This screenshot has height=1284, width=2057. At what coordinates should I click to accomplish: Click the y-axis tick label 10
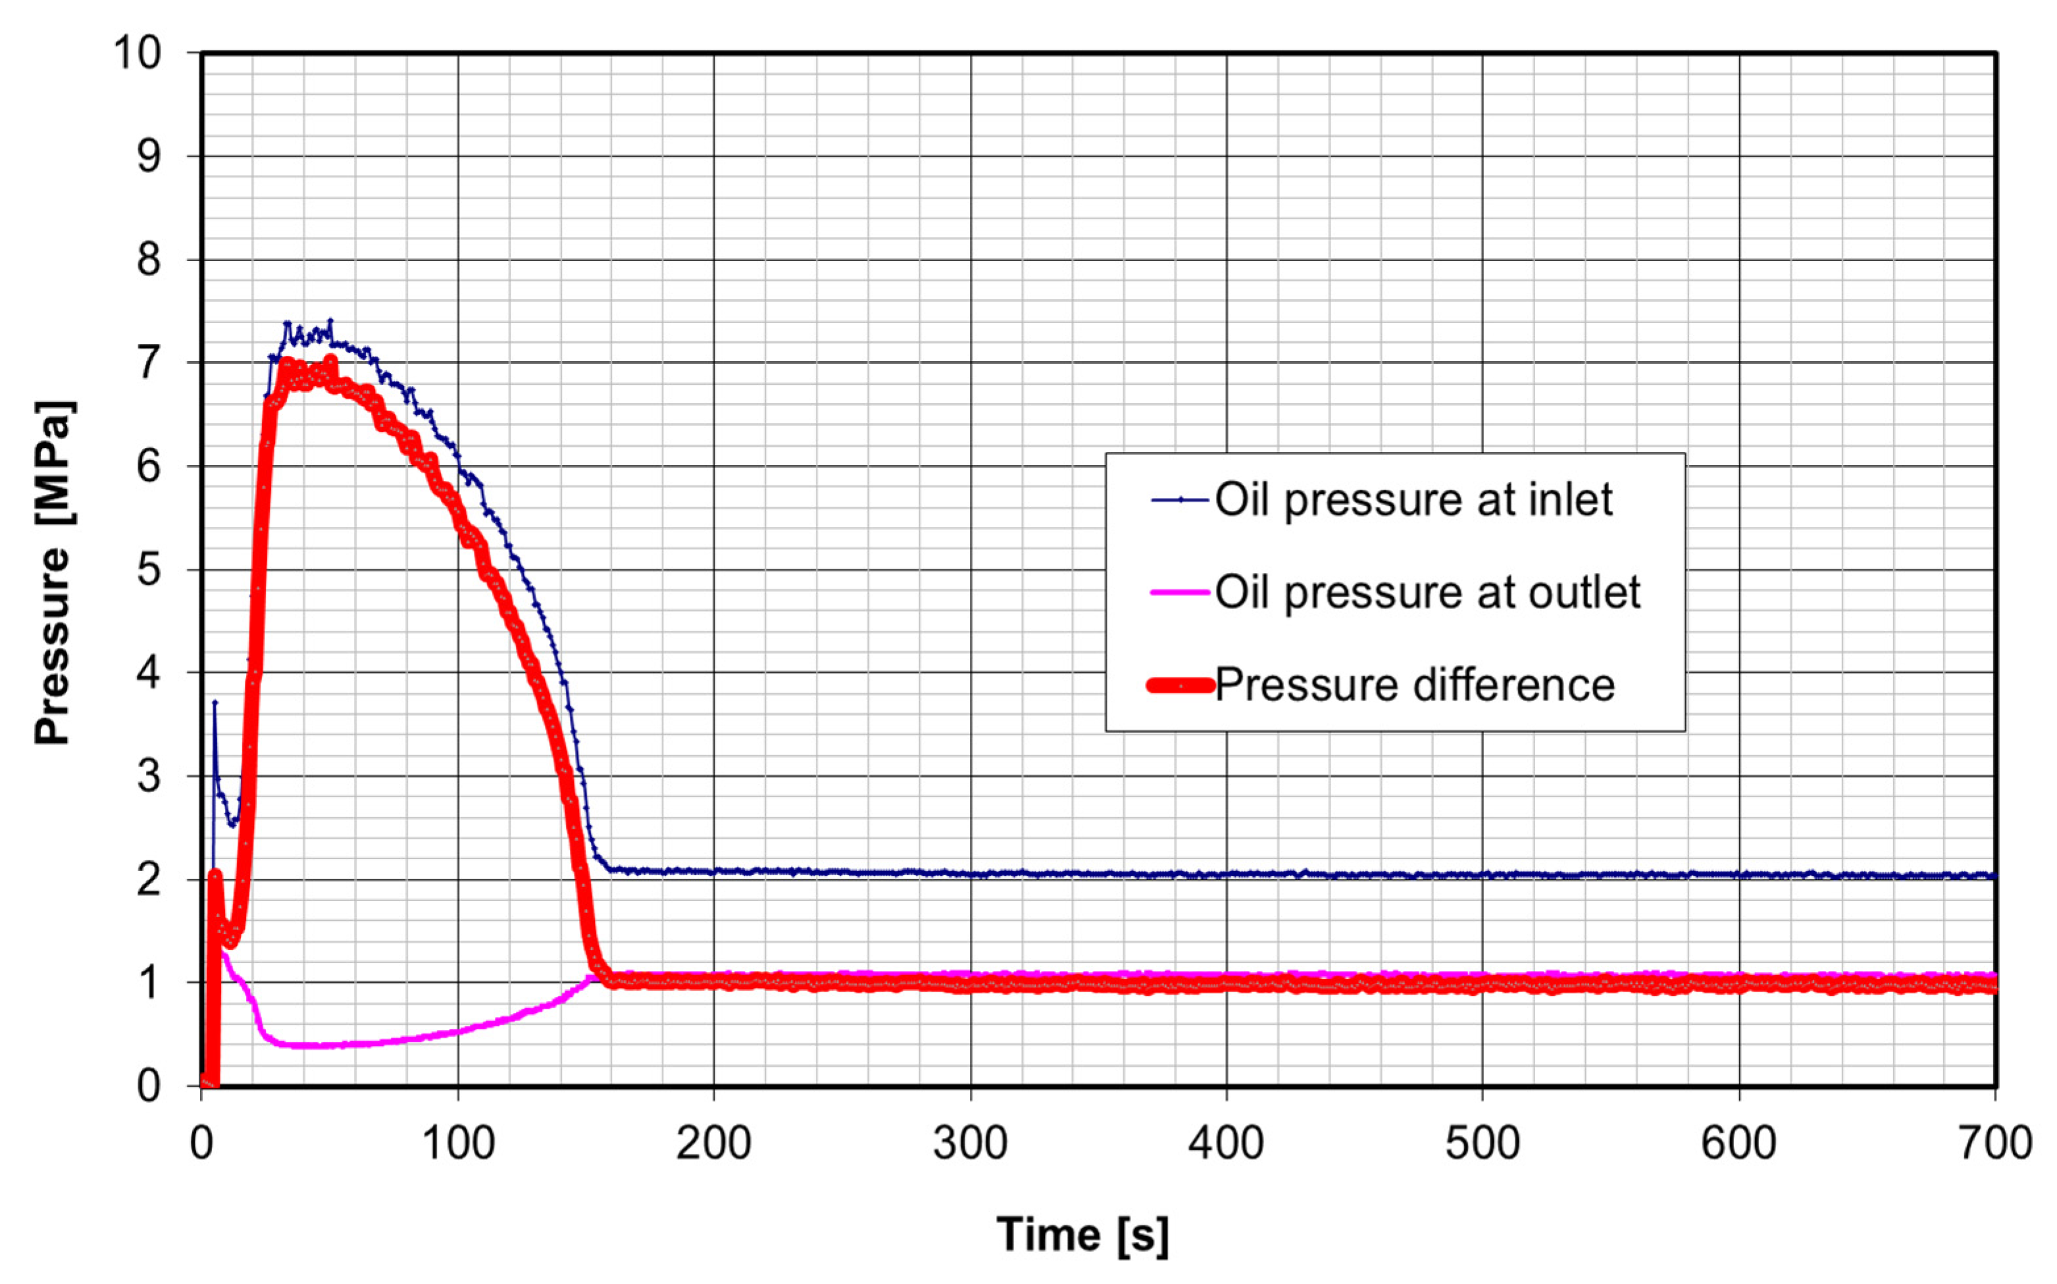(x=138, y=53)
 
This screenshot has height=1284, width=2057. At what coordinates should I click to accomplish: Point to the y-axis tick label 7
(x=149, y=364)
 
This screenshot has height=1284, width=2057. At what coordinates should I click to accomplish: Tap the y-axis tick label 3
(x=149, y=776)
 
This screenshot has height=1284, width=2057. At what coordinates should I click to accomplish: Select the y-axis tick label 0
(x=149, y=1086)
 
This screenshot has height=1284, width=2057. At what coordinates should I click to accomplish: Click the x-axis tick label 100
(x=458, y=1143)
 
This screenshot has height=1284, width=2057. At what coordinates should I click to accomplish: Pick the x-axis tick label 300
(x=970, y=1143)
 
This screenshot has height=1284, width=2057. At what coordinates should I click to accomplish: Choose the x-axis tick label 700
(x=1994, y=1143)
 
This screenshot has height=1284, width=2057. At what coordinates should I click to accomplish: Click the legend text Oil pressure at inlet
(x=1413, y=499)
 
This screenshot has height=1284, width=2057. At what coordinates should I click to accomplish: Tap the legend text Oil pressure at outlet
(x=1427, y=592)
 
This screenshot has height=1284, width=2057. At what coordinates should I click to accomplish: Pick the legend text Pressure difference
(x=1414, y=685)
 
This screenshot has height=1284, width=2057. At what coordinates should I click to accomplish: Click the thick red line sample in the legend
(x=1181, y=685)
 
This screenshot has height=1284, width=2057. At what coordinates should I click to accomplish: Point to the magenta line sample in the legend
(x=1181, y=592)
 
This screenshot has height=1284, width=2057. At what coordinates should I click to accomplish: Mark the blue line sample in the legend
(x=1181, y=500)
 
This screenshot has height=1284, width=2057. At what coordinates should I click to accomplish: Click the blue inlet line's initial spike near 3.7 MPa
(x=215, y=703)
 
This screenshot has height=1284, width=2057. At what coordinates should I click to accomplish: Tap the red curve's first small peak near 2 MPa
(x=215, y=876)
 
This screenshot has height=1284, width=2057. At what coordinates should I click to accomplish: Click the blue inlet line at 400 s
(x=1227, y=874)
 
